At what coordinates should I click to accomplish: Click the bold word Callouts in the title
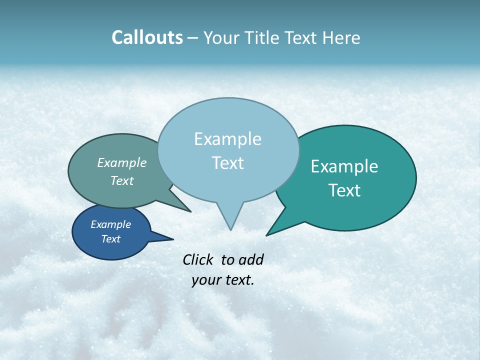click(147, 37)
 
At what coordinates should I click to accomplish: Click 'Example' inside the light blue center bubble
click(227, 139)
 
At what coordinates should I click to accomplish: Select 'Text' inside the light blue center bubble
click(227, 163)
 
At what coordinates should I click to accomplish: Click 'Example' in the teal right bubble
click(344, 166)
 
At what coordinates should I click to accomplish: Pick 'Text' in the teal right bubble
click(344, 190)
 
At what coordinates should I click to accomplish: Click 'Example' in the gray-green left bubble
click(122, 163)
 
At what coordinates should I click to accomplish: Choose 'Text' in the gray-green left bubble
click(122, 180)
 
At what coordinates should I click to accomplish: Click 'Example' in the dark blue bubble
click(110, 224)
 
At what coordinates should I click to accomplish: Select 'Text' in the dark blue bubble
click(110, 239)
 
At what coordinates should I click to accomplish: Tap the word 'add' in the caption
click(250, 259)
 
